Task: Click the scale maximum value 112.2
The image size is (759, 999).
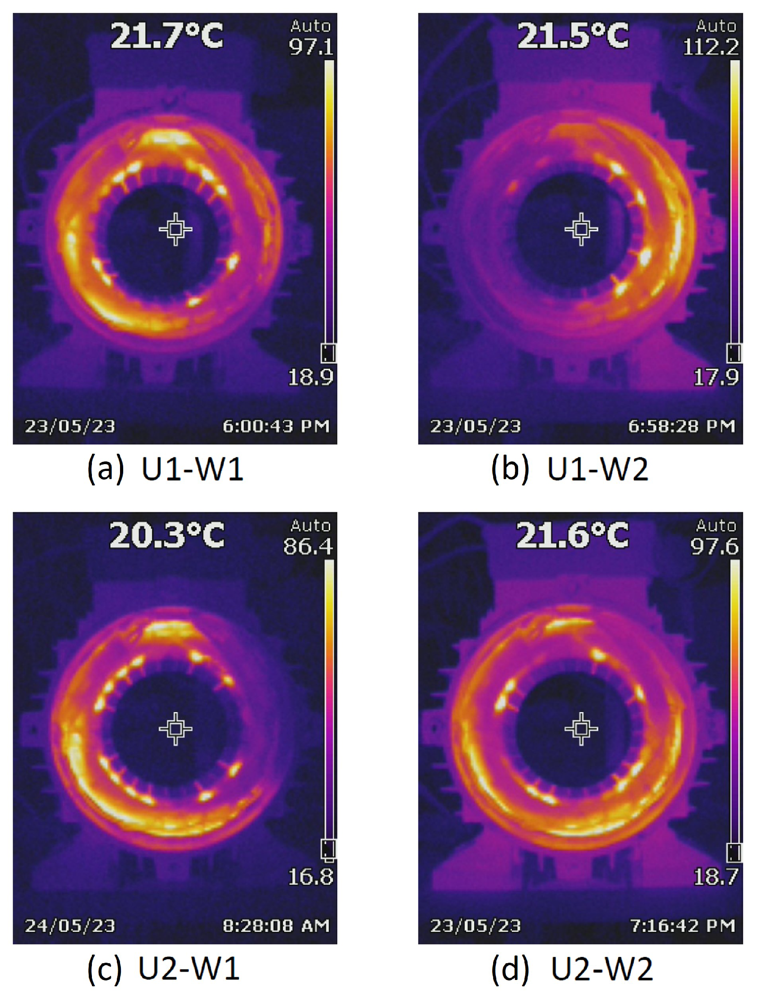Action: coord(711,47)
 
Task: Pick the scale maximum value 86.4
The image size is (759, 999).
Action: coord(308,547)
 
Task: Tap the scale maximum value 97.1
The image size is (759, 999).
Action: coord(311,47)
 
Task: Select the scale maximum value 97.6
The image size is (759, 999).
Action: coord(715,547)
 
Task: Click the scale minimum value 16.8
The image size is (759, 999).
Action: coord(311,877)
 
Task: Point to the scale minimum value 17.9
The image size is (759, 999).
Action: coord(716,377)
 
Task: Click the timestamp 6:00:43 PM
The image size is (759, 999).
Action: coord(276,426)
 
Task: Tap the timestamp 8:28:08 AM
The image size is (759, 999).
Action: coord(276,926)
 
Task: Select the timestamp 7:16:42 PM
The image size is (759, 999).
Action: coord(682,926)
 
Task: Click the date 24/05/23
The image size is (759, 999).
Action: coord(70,926)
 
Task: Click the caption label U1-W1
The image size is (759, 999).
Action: coord(192,469)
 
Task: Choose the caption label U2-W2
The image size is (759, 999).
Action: coord(601,969)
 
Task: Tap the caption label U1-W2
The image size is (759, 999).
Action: coord(598,469)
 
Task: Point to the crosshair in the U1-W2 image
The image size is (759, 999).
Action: coord(581,229)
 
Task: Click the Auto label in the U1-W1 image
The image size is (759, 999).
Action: coord(311,26)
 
